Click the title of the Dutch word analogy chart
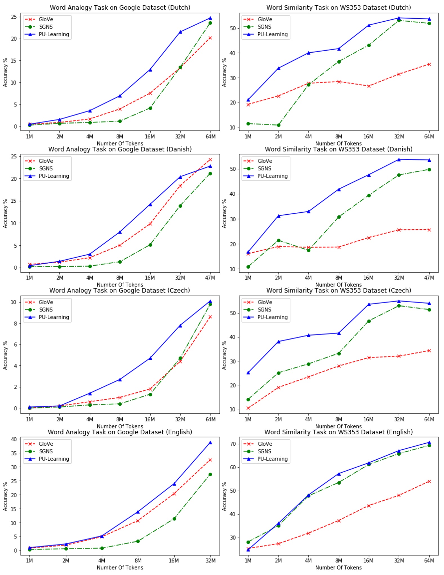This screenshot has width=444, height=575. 120,8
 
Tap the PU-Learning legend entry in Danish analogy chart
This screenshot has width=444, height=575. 53,176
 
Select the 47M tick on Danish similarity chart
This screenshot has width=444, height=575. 429,278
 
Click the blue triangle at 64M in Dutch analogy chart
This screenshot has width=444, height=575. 210,18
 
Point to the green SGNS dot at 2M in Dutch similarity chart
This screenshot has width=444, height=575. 278,125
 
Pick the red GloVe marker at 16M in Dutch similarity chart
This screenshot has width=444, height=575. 369,86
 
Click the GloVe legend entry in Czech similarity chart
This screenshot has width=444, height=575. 264,302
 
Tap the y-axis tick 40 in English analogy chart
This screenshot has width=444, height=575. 14,439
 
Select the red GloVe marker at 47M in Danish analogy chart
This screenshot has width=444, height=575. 210,160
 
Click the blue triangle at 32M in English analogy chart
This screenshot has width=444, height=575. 210,443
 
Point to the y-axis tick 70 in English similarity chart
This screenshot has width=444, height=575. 232,444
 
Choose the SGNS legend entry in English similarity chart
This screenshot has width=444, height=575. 264,451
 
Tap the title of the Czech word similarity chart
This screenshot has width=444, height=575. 338,290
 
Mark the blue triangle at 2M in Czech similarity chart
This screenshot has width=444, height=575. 279,342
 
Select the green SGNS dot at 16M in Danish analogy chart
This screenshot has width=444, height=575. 150,245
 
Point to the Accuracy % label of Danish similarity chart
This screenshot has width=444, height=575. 224,214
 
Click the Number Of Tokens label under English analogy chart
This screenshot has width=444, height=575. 120,568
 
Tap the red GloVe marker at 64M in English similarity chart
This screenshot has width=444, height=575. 429,482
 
